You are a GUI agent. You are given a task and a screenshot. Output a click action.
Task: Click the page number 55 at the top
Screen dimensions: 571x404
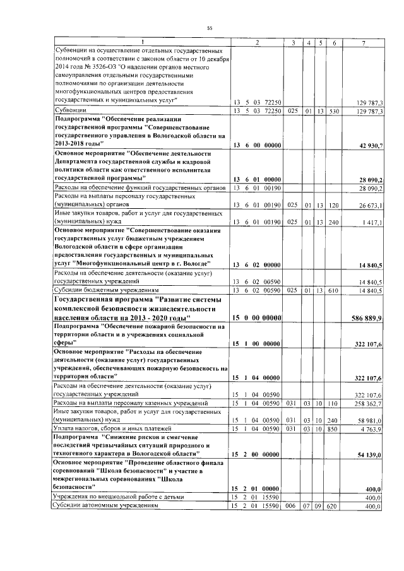click(x=209, y=28)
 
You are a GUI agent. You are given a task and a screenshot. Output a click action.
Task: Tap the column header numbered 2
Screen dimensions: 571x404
click(x=256, y=42)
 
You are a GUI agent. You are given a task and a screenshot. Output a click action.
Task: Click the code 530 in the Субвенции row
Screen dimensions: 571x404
click(x=334, y=111)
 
